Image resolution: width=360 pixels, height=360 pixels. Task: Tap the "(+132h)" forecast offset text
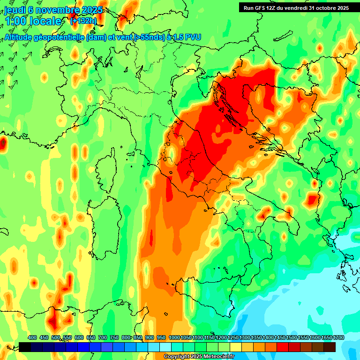tap(83, 21)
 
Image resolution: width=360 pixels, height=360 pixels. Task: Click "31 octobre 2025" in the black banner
tap(329, 7)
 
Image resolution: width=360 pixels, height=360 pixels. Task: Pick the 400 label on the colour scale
tap(32, 337)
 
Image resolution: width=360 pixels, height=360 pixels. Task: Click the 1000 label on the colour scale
tap(174, 337)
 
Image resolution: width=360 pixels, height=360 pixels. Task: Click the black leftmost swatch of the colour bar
tap(25, 347)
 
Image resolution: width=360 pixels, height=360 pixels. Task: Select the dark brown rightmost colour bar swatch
tap(330, 347)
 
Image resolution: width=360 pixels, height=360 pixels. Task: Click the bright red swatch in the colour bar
tap(283, 347)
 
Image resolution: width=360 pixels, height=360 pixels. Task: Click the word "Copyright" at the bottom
tap(177, 357)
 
